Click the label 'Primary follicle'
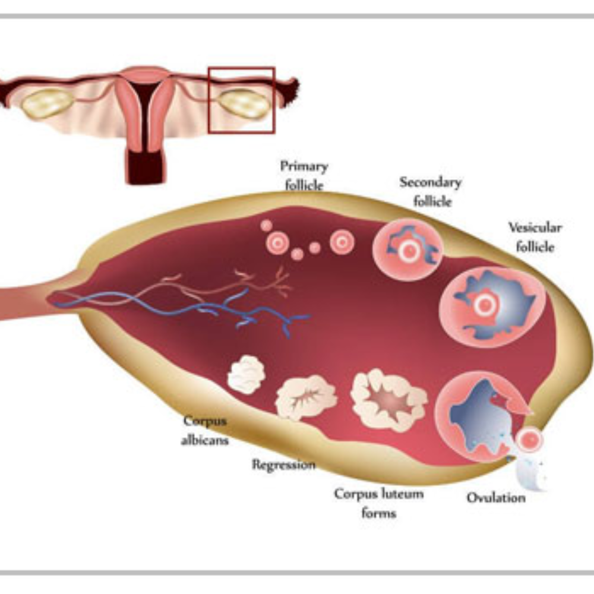click(x=304, y=176)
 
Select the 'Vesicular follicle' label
click(x=535, y=236)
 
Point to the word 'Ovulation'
click(x=496, y=497)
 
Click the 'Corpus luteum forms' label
click(x=378, y=503)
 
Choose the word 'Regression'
click(x=283, y=465)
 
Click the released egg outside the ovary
click(x=528, y=440)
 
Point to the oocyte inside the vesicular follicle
click(x=484, y=305)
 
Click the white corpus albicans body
click(x=246, y=375)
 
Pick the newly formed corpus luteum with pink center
click(x=389, y=399)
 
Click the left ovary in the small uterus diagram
click(x=48, y=103)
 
